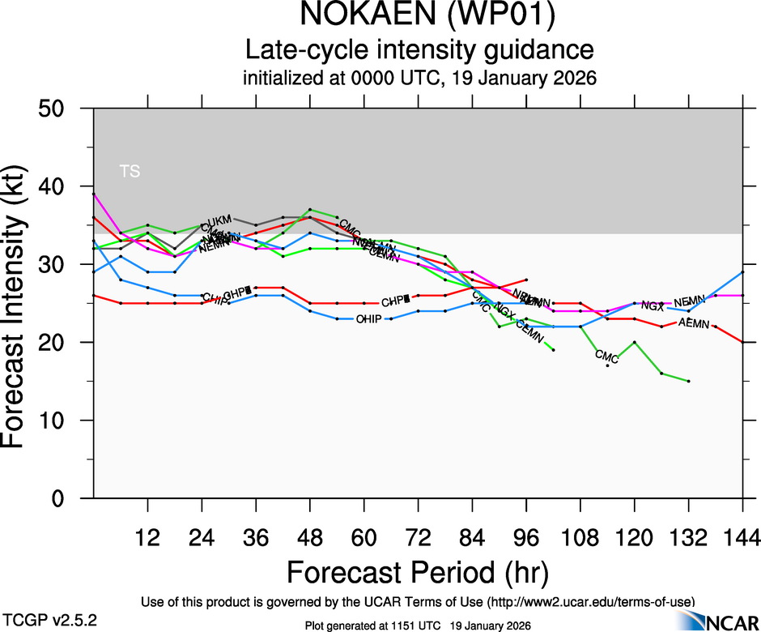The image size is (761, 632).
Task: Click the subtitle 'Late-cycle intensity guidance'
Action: tap(419, 50)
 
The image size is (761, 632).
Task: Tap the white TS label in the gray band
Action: tap(130, 171)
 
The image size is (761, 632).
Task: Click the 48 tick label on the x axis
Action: tap(310, 537)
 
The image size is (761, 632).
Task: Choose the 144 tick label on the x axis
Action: tap(742, 537)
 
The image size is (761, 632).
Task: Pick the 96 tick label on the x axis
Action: tap(526, 537)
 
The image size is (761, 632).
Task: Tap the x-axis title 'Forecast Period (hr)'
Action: tap(418, 573)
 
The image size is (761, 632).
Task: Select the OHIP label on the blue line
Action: tap(368, 319)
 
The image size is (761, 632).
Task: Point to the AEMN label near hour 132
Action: tap(694, 324)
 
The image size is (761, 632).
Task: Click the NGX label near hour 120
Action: tap(653, 306)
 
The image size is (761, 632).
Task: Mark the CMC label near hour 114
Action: tap(606, 356)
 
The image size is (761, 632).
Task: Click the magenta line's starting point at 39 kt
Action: tap(94, 194)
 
